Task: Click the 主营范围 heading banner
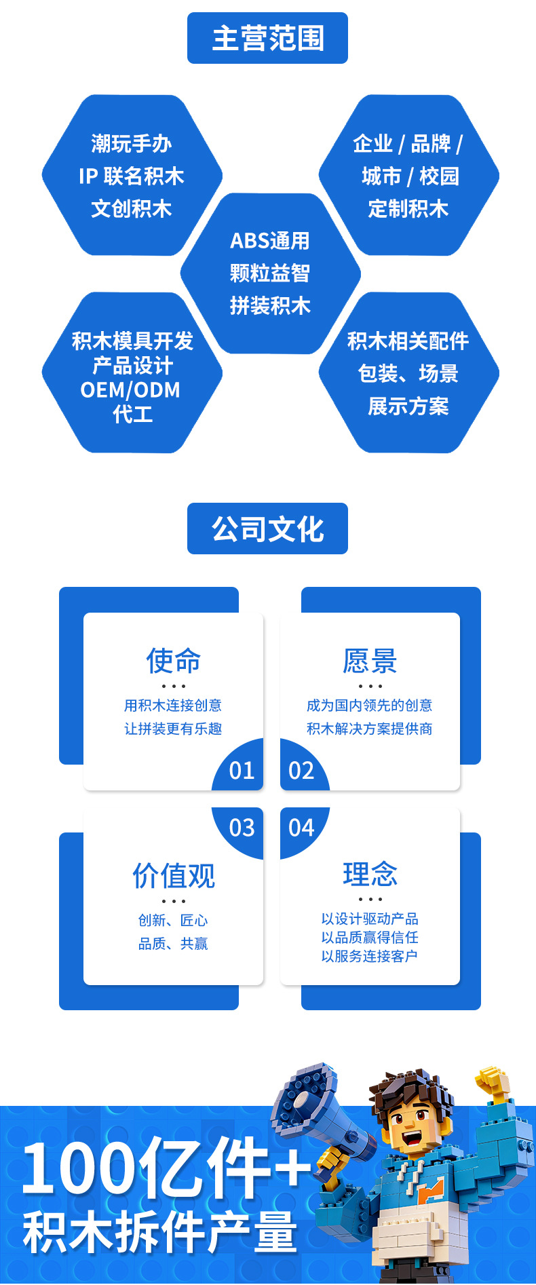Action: (267, 38)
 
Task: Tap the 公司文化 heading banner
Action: (267, 529)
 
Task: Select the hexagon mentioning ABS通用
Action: (270, 273)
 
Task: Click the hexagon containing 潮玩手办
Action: (132, 176)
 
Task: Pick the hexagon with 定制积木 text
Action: (408, 176)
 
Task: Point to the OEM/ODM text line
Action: (130, 390)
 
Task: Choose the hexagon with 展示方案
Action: (408, 373)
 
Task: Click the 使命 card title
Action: (173, 660)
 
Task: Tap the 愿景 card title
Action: (370, 660)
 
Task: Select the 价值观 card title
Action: (174, 875)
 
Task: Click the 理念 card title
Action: (370, 874)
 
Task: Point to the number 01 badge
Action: (242, 771)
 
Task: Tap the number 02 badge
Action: (301, 771)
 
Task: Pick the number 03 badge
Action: (242, 828)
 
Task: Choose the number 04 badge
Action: (301, 828)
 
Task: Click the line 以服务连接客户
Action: (370, 956)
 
